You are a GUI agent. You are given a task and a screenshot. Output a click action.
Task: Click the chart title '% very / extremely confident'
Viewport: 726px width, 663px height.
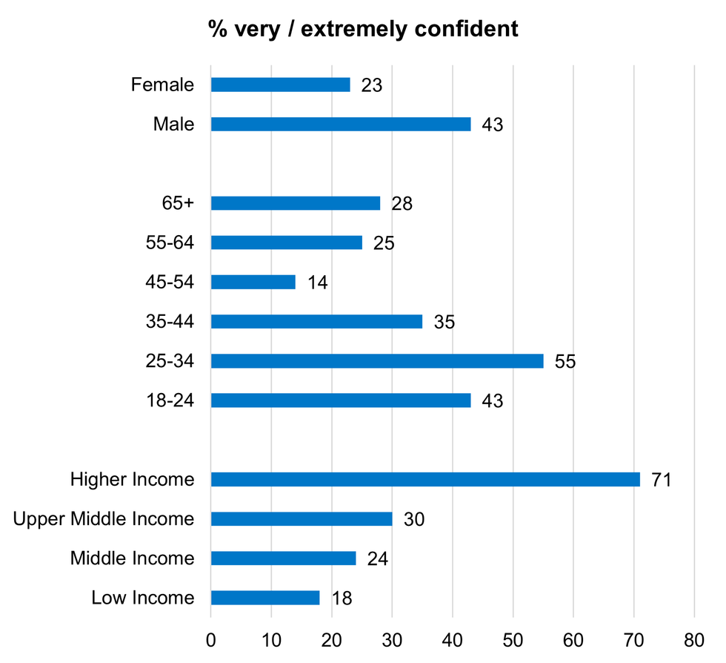click(363, 30)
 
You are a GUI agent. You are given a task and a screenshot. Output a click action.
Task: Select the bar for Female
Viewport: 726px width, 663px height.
click(280, 85)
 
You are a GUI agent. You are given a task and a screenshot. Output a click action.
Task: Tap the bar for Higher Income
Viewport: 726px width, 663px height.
click(425, 479)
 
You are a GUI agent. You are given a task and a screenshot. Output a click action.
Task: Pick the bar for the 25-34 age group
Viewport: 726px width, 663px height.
click(377, 361)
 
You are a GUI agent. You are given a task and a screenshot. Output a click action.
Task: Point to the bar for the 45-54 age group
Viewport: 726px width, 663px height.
click(253, 282)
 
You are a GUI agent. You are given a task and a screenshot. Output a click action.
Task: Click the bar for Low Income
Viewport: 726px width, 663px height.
click(265, 598)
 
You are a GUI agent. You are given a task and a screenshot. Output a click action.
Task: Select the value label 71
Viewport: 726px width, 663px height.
click(661, 480)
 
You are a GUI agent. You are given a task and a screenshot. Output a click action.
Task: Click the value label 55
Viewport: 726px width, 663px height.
click(565, 362)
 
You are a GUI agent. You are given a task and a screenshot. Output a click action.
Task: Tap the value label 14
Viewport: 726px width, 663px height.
click(317, 283)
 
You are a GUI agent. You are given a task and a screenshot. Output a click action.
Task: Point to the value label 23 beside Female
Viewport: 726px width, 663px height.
click(371, 85)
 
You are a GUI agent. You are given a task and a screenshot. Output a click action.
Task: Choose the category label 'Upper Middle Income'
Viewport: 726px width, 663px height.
click(104, 518)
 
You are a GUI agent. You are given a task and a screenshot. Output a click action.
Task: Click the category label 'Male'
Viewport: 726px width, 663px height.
click(173, 124)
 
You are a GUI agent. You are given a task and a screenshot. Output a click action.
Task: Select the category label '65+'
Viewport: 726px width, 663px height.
click(178, 203)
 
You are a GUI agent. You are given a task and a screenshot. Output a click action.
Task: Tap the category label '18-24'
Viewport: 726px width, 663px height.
click(170, 400)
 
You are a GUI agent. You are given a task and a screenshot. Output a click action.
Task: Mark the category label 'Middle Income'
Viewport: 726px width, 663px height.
click(132, 558)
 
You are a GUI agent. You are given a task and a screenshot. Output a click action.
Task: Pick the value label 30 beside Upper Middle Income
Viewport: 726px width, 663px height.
click(413, 519)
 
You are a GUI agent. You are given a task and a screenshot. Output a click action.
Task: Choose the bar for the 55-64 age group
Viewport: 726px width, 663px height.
click(287, 243)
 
